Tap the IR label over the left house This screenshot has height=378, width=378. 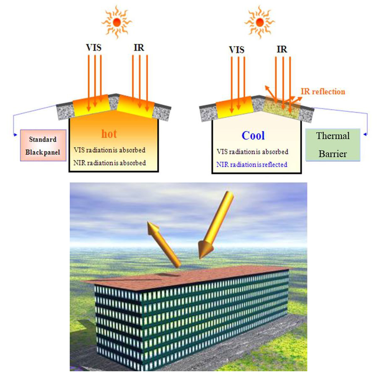click(x=139, y=47)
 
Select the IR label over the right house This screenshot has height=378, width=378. click(x=282, y=49)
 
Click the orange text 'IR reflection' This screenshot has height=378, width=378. click(x=323, y=91)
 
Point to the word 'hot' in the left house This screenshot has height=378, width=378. click(x=109, y=134)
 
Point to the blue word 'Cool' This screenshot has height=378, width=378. click(x=253, y=135)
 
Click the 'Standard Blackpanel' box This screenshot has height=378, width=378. click(x=43, y=146)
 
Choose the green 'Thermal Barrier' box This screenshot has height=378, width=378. click(x=333, y=145)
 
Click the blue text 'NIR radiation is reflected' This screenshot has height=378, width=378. click(x=252, y=164)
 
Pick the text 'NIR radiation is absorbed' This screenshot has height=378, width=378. click(x=110, y=163)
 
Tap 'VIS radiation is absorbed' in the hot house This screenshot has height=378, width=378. click(x=109, y=150)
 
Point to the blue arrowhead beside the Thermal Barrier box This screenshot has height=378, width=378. click(x=365, y=134)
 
